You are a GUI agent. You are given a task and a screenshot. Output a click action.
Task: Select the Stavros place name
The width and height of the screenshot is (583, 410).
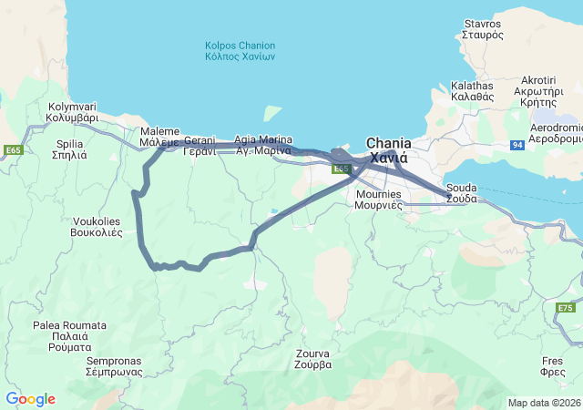(x=482, y=28)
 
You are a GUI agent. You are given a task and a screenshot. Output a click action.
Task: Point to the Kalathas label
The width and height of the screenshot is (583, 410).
(x=472, y=90)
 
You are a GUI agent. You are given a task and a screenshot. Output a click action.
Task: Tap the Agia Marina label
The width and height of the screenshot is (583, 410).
(x=263, y=145)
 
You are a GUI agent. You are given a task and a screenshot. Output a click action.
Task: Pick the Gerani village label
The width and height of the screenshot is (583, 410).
(x=199, y=146)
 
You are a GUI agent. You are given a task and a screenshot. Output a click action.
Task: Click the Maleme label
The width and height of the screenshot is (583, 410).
(x=160, y=138)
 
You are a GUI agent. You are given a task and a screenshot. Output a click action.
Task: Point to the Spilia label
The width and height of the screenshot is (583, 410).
(x=70, y=149)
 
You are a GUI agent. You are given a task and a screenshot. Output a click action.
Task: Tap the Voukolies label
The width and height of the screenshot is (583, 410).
(x=96, y=227)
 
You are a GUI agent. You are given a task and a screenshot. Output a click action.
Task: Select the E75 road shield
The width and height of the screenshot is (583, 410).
(x=565, y=309)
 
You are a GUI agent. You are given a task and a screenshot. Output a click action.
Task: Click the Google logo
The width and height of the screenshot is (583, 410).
(x=30, y=399)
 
